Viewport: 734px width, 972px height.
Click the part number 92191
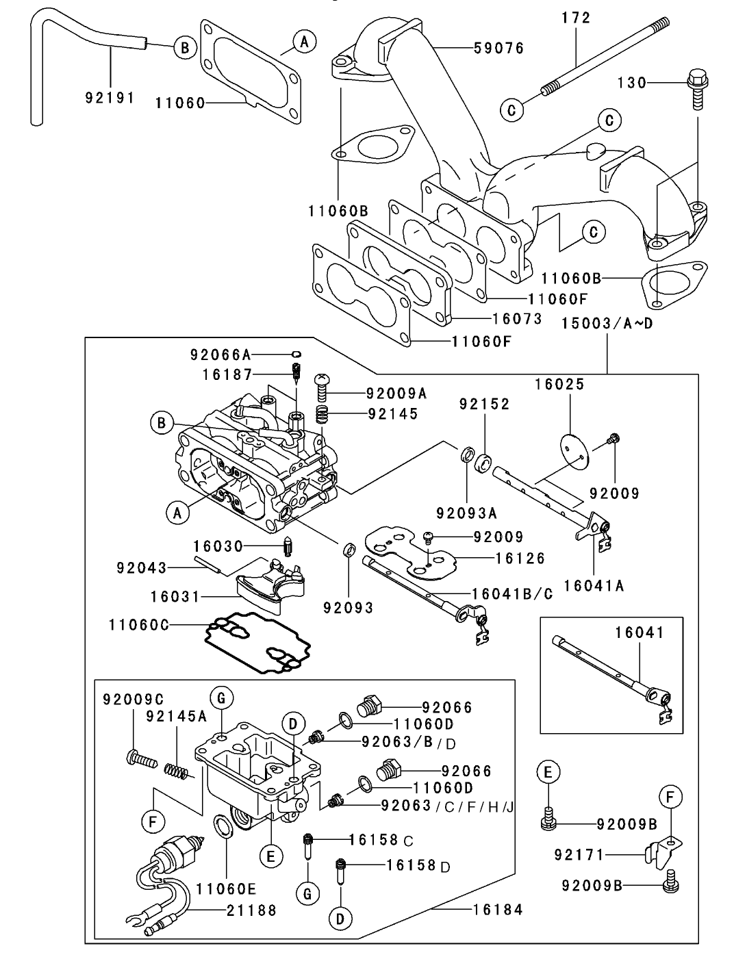coord(109,97)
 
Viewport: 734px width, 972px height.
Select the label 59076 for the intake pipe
coord(500,48)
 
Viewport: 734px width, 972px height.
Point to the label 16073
coord(517,319)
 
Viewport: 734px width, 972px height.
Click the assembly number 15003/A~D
coord(607,322)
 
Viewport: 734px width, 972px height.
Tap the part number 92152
coord(485,405)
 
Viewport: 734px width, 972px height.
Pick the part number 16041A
coord(594,585)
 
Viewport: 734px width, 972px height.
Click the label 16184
coord(497,910)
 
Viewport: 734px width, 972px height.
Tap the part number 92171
coord(578,855)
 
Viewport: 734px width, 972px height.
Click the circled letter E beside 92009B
coord(548,773)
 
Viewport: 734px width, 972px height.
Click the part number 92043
coord(142,568)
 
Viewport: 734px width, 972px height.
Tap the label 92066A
coord(220,355)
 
